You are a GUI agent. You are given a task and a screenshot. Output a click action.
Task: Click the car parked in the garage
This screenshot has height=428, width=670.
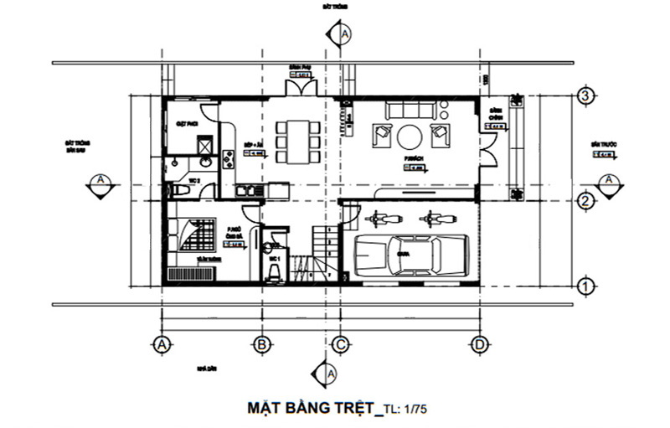pos(410,255)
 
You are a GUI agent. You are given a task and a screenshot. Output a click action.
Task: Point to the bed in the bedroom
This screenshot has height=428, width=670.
pos(198,237)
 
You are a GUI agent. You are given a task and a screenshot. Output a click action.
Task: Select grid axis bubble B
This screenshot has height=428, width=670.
pos(262,344)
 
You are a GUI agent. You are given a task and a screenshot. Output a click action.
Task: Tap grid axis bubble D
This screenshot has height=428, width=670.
pos(479,344)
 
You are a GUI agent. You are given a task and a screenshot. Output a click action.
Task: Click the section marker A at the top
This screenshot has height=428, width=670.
pos(344,34)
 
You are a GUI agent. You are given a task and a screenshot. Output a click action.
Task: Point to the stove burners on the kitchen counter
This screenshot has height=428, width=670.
pos(228,158)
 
